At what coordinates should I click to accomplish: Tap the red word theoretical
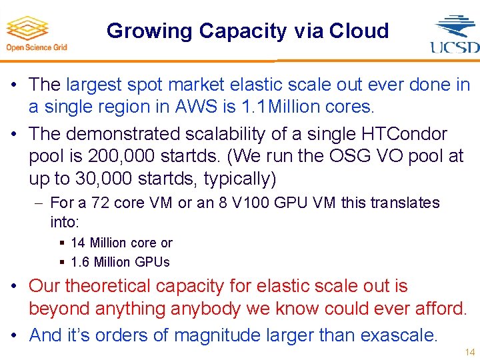115,286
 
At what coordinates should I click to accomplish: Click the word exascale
398,335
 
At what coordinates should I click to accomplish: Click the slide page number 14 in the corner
469,352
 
